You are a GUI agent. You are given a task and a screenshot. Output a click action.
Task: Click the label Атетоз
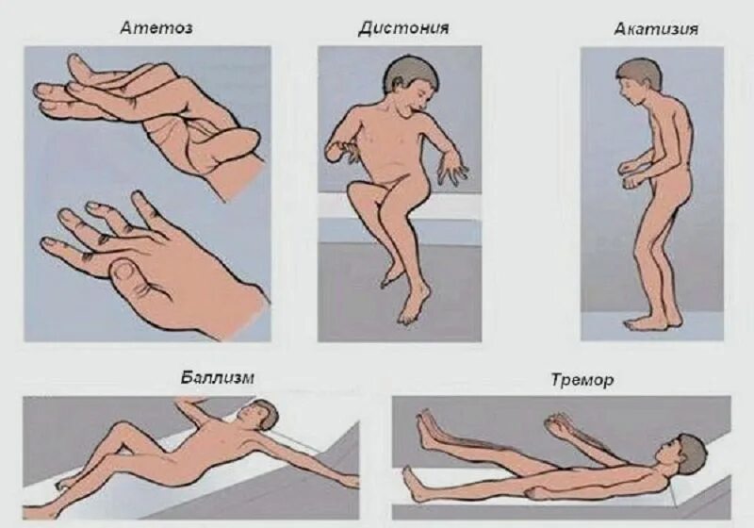coord(156,28)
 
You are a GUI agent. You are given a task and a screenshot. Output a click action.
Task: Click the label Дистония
coord(403,28)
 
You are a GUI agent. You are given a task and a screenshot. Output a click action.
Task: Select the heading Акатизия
coord(656,28)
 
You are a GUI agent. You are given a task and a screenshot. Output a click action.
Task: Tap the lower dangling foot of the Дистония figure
coord(413,304)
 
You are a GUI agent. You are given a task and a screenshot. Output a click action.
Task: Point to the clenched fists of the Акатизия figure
coord(630,170)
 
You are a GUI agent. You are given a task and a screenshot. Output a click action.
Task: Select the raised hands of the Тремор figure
coord(563,426)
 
